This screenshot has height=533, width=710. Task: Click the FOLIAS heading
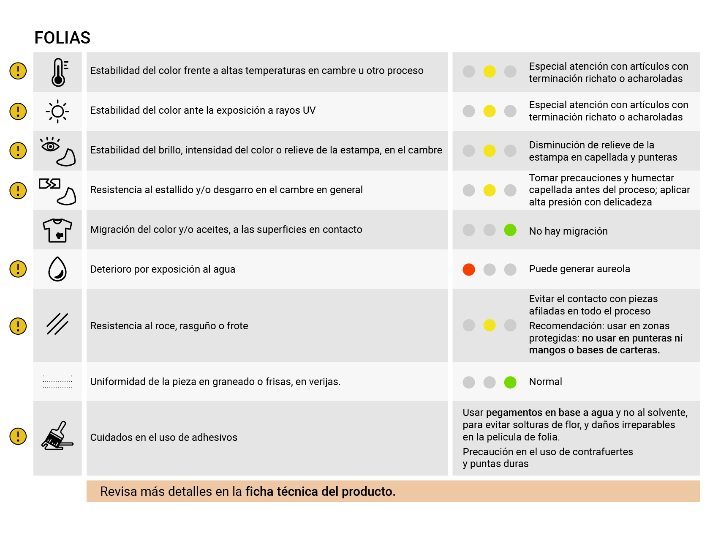tap(62, 38)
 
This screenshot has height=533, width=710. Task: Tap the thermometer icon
tap(58, 72)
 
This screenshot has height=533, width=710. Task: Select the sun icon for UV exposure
tap(57, 112)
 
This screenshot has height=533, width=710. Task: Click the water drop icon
tap(57, 269)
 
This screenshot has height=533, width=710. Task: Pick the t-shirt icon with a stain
tap(57, 230)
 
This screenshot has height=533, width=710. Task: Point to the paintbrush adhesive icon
tap(57, 436)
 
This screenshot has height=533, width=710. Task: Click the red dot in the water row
tap(468, 269)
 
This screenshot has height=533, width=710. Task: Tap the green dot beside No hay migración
tap(510, 230)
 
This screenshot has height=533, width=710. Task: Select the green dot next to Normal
tap(510, 382)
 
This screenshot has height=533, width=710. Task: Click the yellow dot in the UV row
tap(489, 111)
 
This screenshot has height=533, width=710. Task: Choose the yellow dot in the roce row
tap(489, 325)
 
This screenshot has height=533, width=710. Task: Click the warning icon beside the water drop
tap(18, 269)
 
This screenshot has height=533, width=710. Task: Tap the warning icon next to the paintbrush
tap(18, 436)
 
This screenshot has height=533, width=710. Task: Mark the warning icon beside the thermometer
tap(18, 71)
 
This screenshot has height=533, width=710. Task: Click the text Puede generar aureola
tap(579, 269)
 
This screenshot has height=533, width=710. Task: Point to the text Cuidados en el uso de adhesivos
tap(163, 437)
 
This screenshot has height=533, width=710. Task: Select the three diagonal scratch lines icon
tap(57, 324)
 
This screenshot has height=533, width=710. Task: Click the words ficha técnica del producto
tap(320, 492)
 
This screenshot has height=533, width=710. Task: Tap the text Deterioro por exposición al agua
tap(163, 269)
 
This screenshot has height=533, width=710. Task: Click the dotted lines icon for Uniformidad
tap(57, 381)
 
